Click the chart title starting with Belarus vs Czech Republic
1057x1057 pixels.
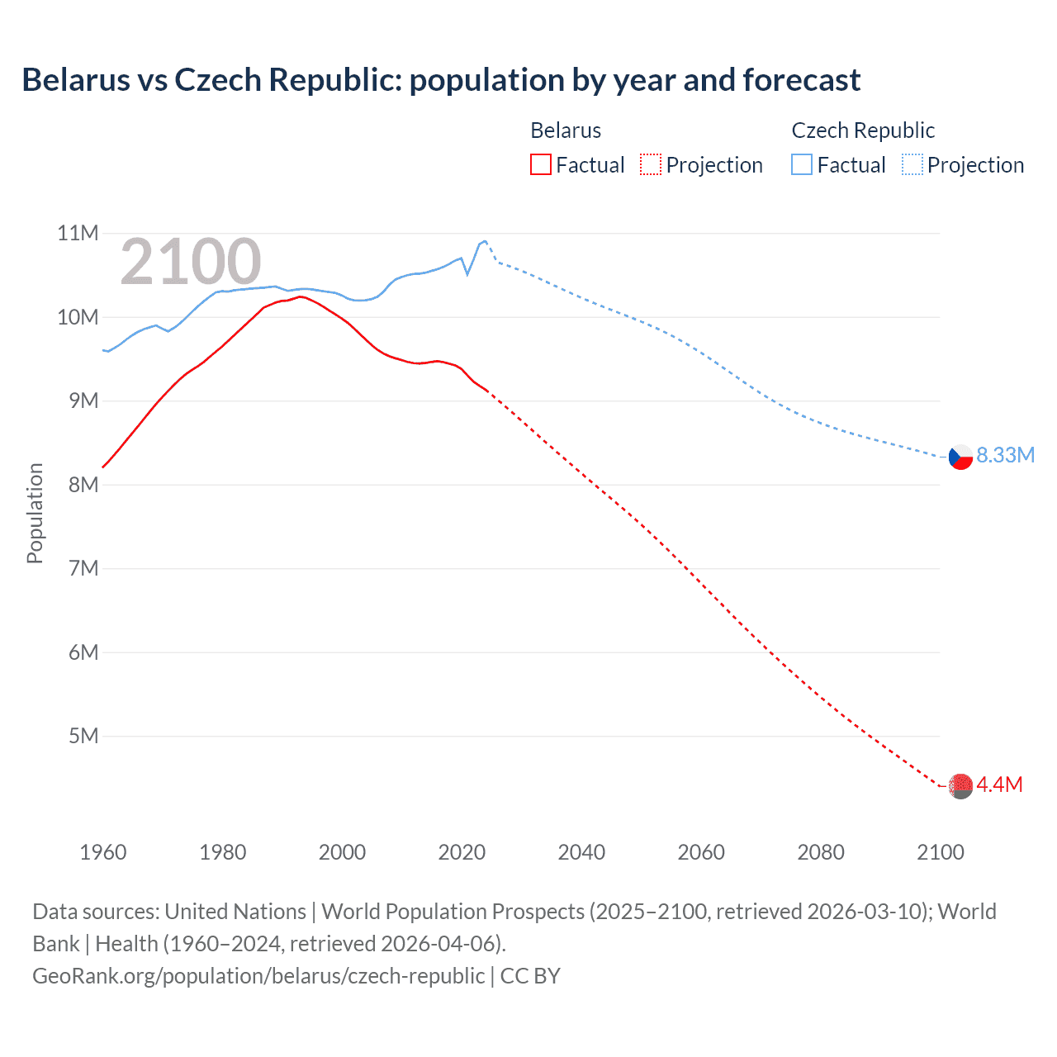(x=441, y=80)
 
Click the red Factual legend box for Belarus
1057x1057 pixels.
(x=540, y=165)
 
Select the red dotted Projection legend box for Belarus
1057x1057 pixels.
(x=651, y=165)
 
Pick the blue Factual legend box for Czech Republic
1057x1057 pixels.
(x=801, y=165)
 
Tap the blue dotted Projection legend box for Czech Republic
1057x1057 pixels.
(x=912, y=165)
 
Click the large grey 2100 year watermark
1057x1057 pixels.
(x=191, y=262)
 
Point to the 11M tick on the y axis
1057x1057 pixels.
(x=78, y=234)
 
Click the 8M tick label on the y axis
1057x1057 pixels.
(x=83, y=485)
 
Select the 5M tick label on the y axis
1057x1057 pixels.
(x=83, y=736)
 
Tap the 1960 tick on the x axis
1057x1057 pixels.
(x=103, y=852)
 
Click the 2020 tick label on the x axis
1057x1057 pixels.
(x=462, y=852)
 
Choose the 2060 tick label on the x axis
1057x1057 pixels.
(x=701, y=852)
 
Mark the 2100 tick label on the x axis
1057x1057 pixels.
(x=940, y=852)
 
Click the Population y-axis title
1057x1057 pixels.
(x=35, y=513)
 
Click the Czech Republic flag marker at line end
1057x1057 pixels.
(x=960, y=457)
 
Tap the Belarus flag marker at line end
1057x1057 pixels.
(x=960, y=786)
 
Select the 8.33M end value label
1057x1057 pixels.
(x=1005, y=456)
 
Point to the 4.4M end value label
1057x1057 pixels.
(x=999, y=784)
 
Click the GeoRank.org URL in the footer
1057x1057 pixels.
(x=258, y=976)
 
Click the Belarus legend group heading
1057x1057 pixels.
(x=566, y=130)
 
